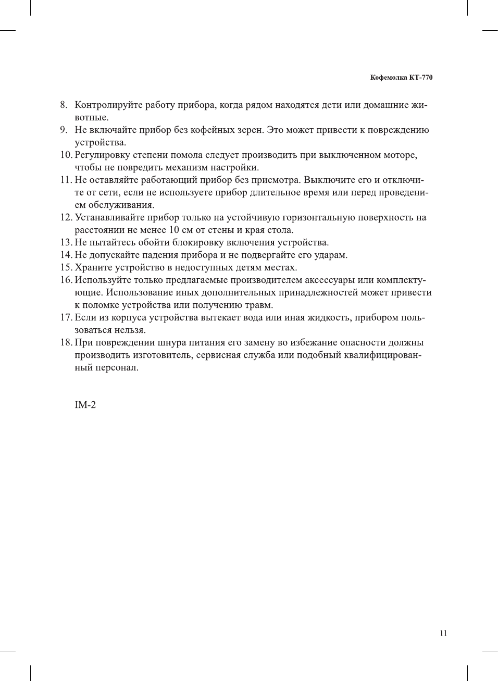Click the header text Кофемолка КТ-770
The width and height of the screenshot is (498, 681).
point(401,78)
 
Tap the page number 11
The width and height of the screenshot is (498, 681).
point(443,633)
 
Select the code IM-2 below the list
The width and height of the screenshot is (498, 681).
point(85,405)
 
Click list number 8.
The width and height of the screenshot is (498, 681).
point(63,105)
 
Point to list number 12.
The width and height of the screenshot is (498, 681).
point(66,218)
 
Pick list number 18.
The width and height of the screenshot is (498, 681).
point(66,343)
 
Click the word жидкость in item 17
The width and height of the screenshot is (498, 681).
point(328,318)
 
